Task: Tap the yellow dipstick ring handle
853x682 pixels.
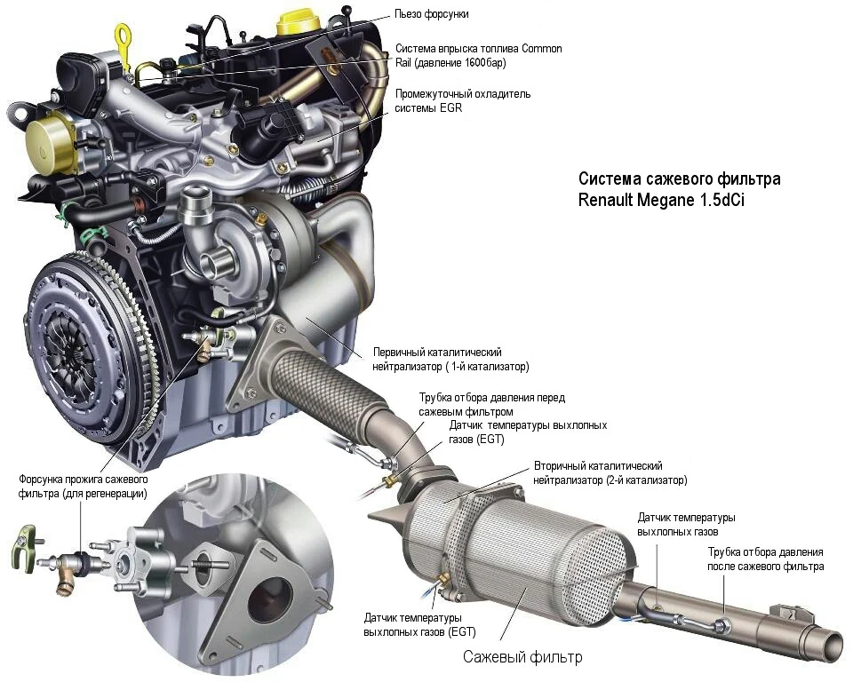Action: (124, 38)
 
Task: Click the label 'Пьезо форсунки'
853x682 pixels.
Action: (432, 14)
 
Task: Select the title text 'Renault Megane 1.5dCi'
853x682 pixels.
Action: (661, 200)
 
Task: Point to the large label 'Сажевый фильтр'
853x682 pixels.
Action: (522, 656)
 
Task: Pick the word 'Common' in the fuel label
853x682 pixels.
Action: (541, 49)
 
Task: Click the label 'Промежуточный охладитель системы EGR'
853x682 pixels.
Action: (462, 100)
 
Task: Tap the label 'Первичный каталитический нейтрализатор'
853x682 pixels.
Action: (450, 359)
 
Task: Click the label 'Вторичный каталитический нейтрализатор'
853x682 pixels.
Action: (610, 472)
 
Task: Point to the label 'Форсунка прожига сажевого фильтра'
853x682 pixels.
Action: (83, 487)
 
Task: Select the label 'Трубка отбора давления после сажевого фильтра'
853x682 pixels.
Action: (765, 559)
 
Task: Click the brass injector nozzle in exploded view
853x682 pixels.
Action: (65, 583)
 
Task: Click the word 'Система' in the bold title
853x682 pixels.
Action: (610, 178)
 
